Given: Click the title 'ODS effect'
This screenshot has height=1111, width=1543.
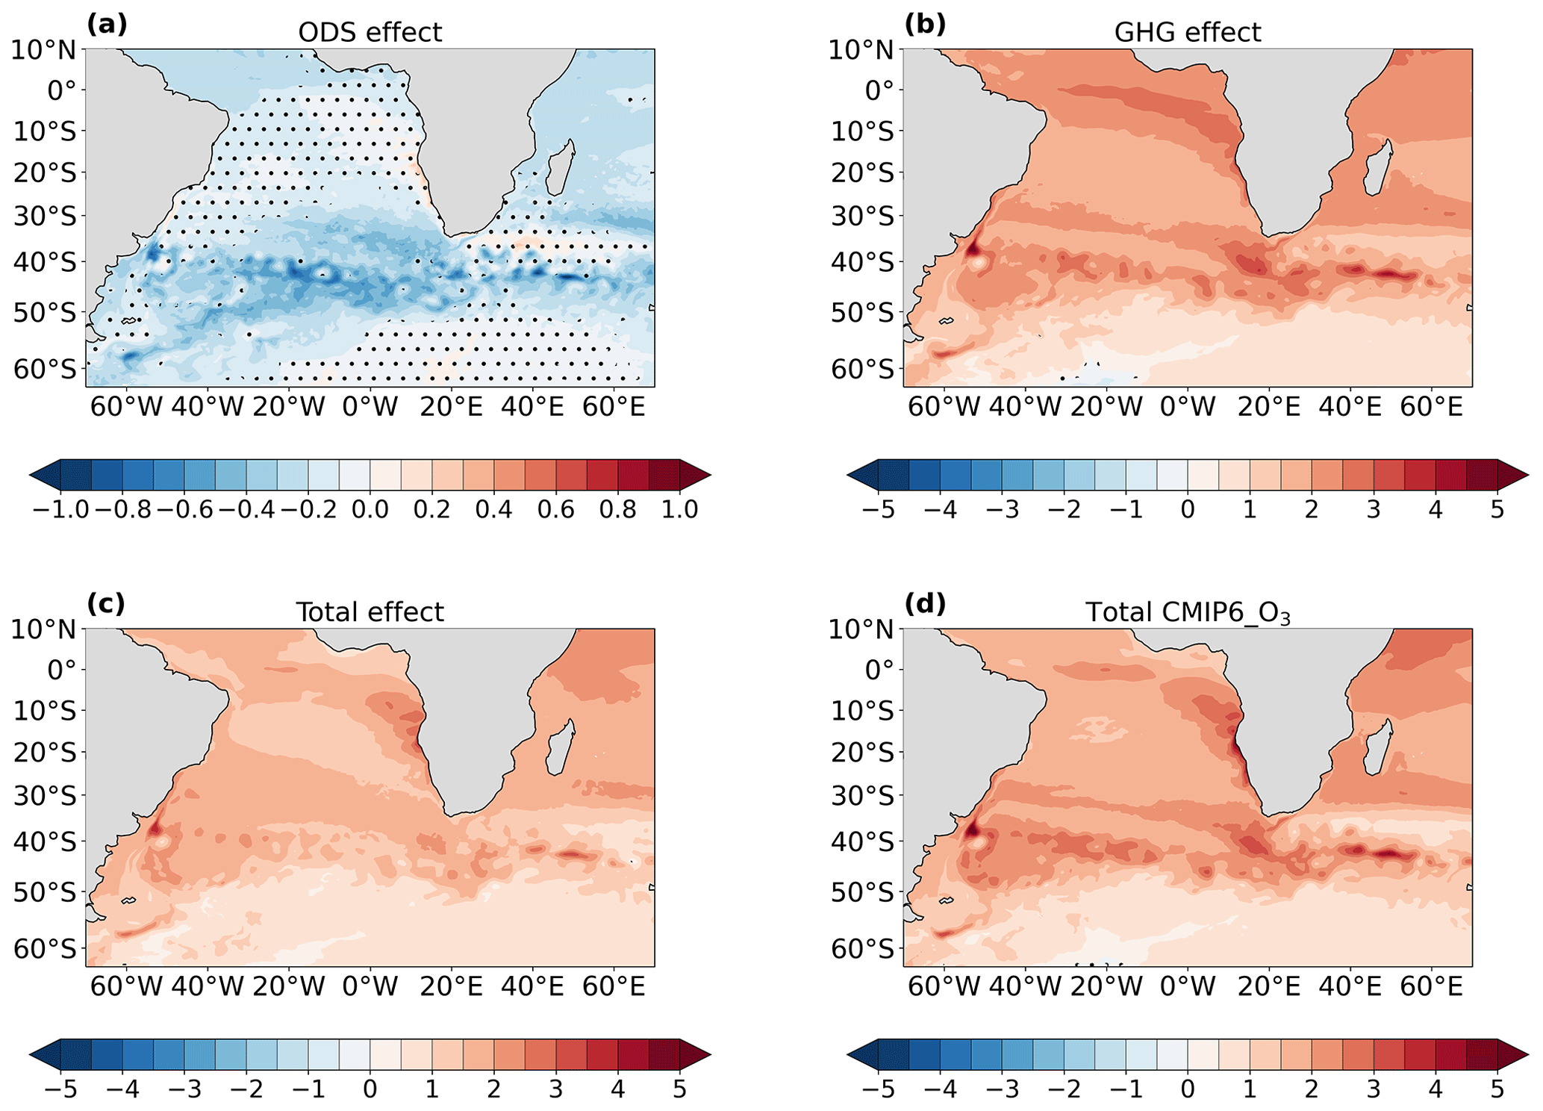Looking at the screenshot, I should [370, 32].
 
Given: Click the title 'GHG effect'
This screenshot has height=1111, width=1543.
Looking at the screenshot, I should [1187, 32].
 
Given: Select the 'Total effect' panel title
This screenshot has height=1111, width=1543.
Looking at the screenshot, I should [370, 612].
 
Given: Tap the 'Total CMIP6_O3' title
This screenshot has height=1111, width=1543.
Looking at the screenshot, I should [1187, 612].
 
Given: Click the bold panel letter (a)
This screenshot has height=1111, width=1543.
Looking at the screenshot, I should [107, 24].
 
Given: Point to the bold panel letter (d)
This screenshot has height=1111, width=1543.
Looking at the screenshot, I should [925, 603].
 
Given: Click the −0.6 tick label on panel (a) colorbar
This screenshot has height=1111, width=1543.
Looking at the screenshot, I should [182, 509].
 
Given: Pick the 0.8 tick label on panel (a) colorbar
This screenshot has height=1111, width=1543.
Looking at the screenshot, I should [618, 509].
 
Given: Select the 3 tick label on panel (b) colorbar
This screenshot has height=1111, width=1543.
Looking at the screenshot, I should [1373, 509].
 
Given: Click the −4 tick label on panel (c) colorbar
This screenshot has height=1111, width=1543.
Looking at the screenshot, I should [122, 1089].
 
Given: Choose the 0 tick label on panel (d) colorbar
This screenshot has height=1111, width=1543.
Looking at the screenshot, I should [1188, 1089].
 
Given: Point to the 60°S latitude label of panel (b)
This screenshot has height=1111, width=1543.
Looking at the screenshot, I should [861, 369].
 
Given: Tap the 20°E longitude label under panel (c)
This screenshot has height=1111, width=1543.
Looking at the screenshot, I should [451, 987].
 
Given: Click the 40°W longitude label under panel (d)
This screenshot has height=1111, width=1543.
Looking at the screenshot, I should [1026, 987].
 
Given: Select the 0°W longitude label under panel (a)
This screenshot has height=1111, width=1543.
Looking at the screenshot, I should [370, 407].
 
